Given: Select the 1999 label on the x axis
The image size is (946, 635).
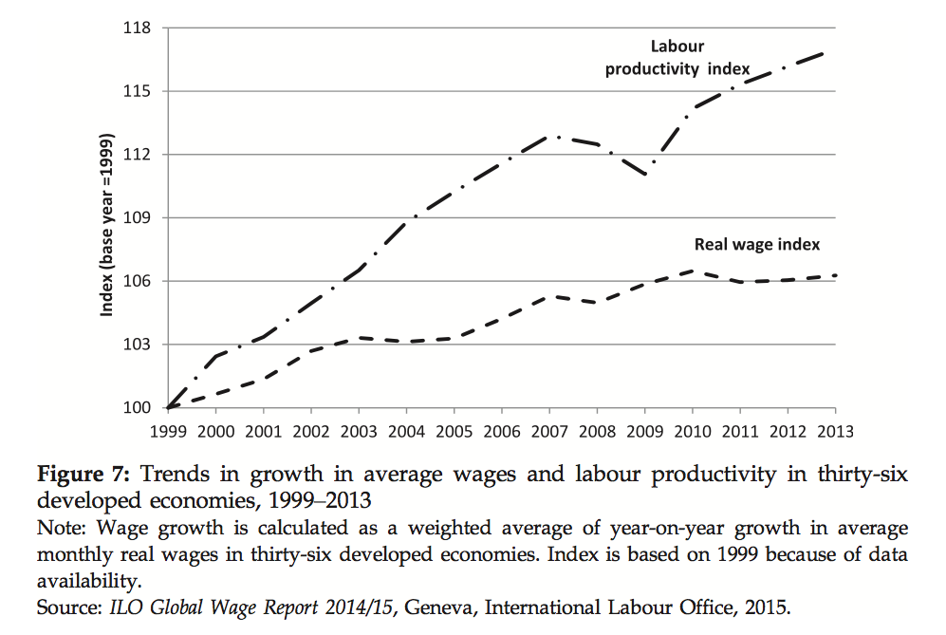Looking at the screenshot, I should [168, 430].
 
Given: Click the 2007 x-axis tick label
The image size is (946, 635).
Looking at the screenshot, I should [549, 430].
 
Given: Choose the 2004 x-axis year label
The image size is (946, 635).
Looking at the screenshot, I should [406, 430].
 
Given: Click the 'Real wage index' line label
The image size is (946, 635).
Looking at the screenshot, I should [757, 244].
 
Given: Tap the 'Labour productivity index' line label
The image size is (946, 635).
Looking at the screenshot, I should [677, 57].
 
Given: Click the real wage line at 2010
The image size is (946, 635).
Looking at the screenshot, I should [693, 271].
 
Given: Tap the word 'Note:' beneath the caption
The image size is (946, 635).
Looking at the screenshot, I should [58, 528].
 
